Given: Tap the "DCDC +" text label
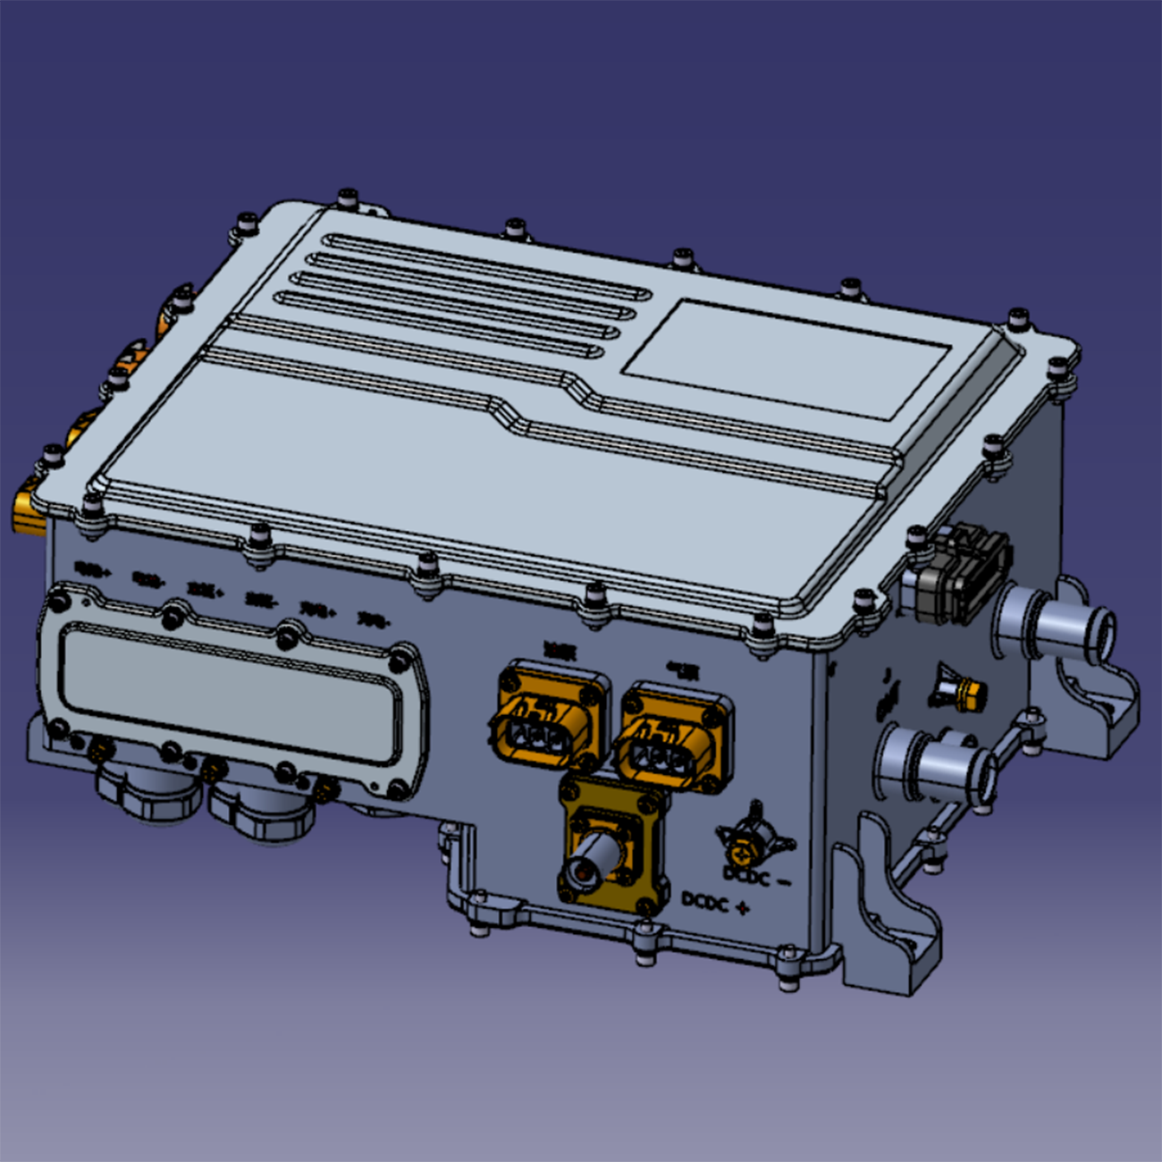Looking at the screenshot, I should (715, 902).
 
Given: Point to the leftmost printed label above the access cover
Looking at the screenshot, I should (91, 567).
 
